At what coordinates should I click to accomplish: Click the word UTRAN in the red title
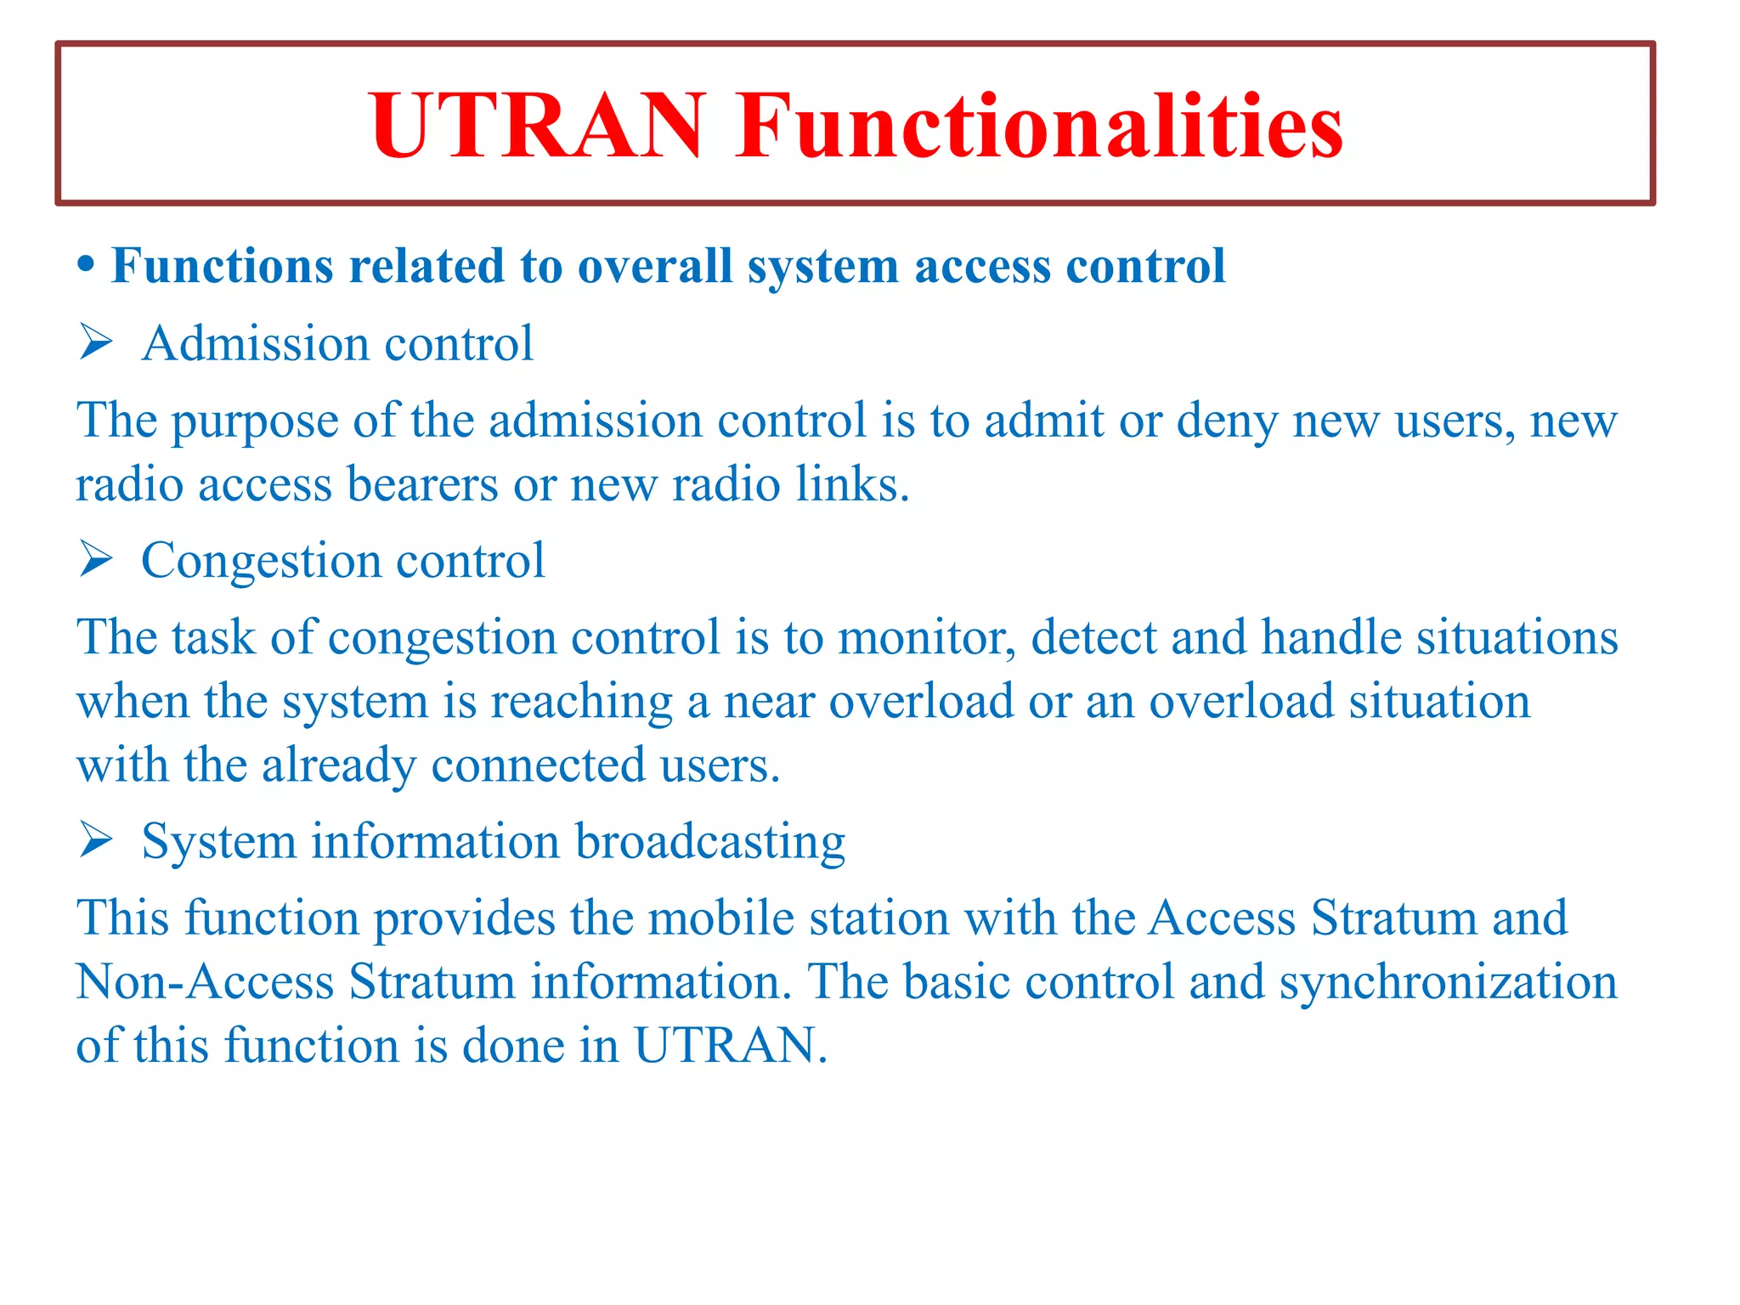(537, 126)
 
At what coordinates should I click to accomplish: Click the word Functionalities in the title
(1038, 126)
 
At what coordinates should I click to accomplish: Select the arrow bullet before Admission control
(96, 343)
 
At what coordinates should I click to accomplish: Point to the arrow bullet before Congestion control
(96, 560)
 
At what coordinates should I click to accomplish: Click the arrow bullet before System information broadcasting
(96, 840)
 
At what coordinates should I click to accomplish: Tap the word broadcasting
(710, 842)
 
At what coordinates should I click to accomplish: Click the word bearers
(422, 484)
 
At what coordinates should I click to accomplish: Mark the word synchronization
(1448, 983)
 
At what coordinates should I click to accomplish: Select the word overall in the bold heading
(655, 266)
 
